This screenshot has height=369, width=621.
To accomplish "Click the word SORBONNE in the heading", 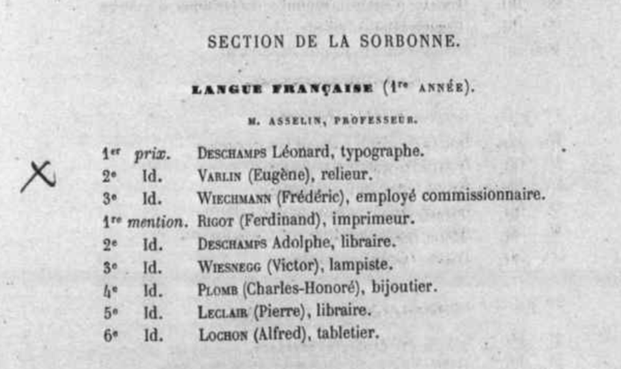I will (413, 42).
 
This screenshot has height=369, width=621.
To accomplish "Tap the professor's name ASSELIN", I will (285, 120).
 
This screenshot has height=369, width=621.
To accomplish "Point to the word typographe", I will (382, 152).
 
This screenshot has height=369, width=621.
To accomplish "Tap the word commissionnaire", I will (484, 197).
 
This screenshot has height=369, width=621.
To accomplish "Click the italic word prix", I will (151, 154).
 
